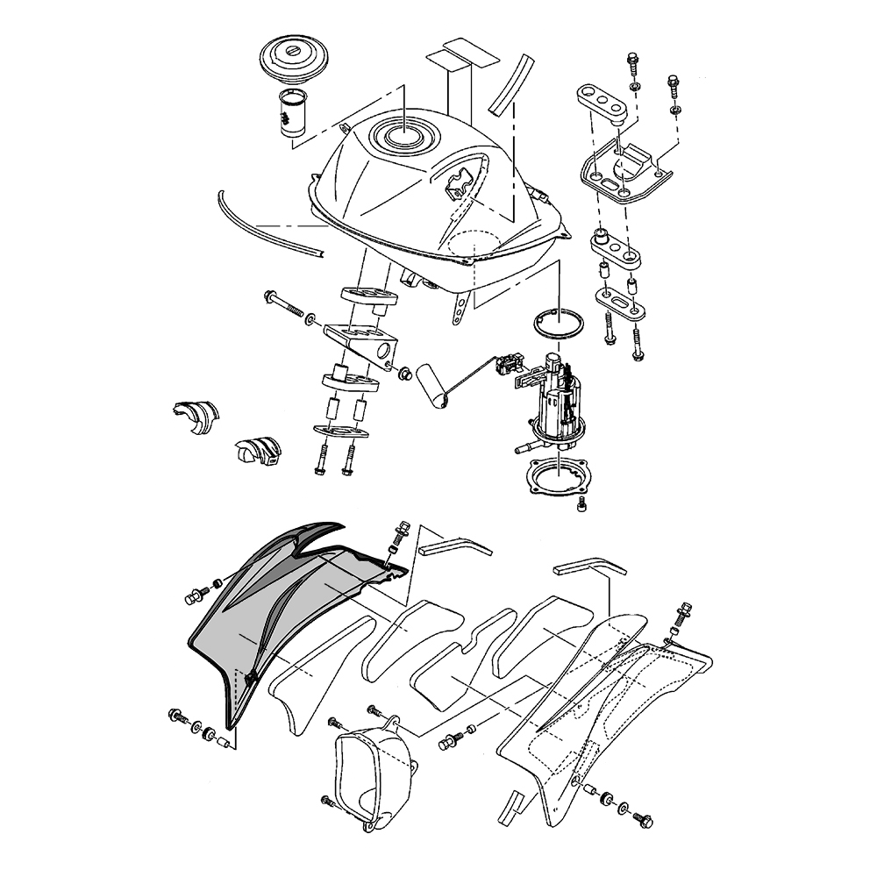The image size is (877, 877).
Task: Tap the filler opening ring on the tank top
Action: pos(401,135)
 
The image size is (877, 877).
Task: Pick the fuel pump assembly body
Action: pos(556,403)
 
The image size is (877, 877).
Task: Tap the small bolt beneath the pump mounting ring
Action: pos(585,506)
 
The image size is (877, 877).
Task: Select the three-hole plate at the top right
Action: pos(605,99)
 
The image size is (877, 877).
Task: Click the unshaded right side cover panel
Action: pos(605,719)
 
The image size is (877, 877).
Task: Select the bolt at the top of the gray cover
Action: pos(401,531)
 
